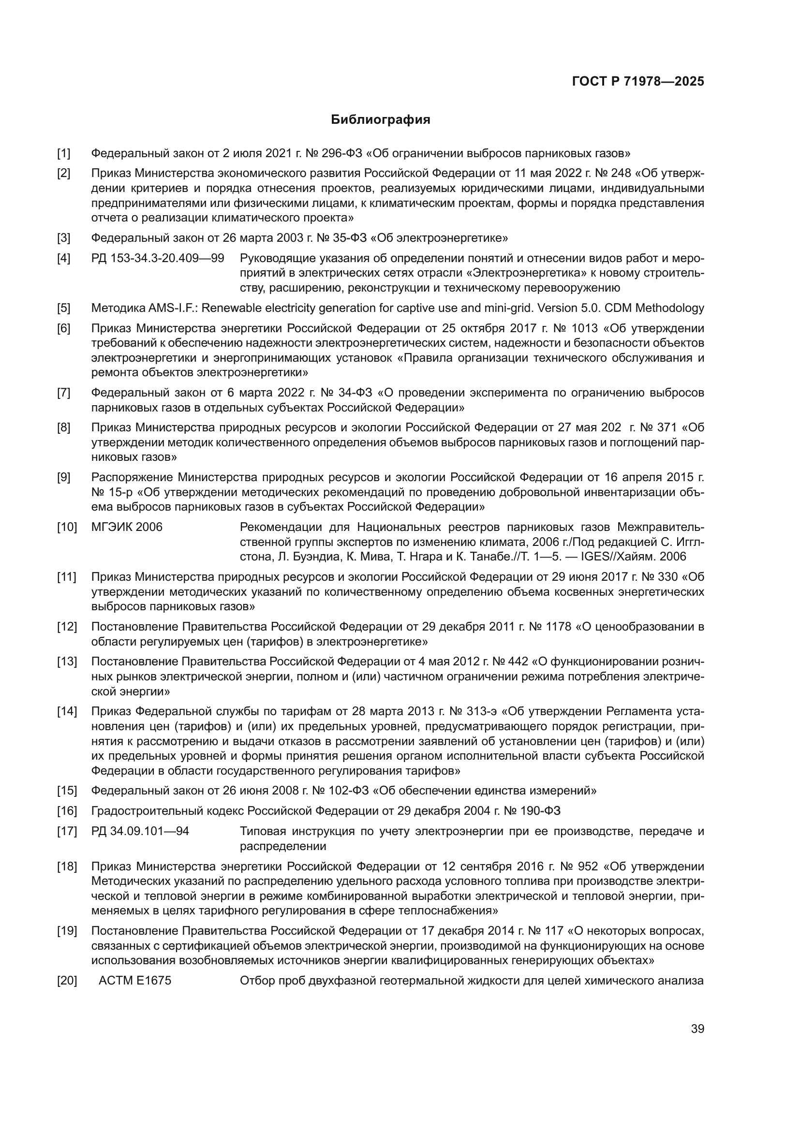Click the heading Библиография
(x=380, y=120)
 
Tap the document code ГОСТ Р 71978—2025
(x=638, y=82)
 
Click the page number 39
(x=697, y=1029)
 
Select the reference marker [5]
(x=63, y=308)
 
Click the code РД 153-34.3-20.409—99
(x=158, y=258)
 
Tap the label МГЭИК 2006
(x=127, y=527)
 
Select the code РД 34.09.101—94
(x=140, y=832)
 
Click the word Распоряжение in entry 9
(x=132, y=477)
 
